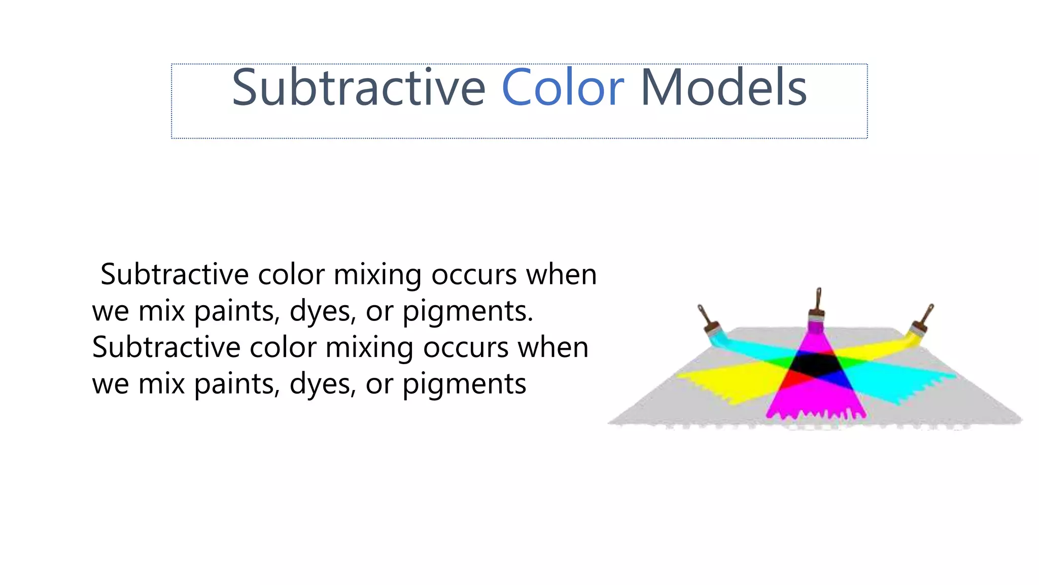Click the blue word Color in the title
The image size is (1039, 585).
click(x=562, y=88)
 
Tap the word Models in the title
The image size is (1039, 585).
click(x=723, y=88)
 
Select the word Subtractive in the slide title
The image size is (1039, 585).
click(x=358, y=88)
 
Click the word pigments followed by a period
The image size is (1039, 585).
click(x=467, y=311)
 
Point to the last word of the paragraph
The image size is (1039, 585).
click(x=464, y=384)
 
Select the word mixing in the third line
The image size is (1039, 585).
click(x=369, y=348)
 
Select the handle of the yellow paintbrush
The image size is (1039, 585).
click(x=926, y=314)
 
